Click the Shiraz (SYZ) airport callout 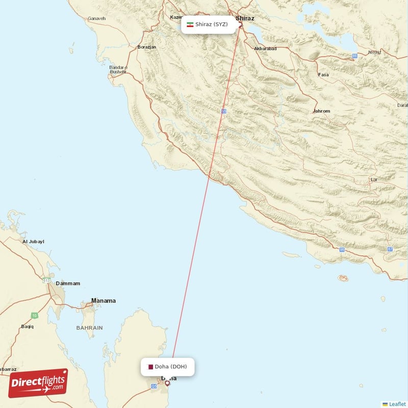(x=209, y=24)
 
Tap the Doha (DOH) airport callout (x=168, y=367)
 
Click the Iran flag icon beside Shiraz (x=190, y=24)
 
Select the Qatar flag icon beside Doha (x=150, y=367)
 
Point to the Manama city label (x=103, y=301)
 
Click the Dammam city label (x=68, y=283)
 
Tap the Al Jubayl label (x=33, y=241)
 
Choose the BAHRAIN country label (x=90, y=327)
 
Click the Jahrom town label (x=321, y=111)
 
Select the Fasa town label (x=323, y=74)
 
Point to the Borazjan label (x=146, y=47)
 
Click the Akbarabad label (x=265, y=49)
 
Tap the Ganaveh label (x=96, y=18)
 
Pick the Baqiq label (x=27, y=326)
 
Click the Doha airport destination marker (x=167, y=382)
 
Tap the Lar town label (x=374, y=180)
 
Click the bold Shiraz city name (x=245, y=18)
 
